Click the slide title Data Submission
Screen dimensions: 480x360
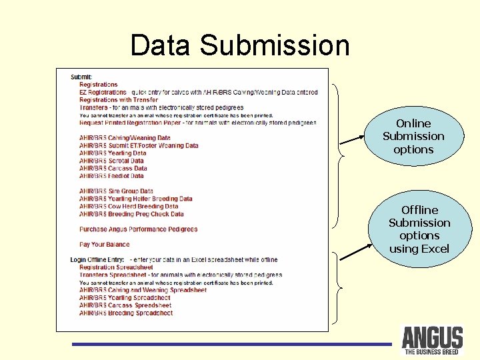[x=240, y=45]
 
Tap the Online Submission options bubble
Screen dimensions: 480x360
[x=413, y=137]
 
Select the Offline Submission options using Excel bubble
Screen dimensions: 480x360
[x=419, y=229]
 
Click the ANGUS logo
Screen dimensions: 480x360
[x=432, y=339]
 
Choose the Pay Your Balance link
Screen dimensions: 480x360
[x=104, y=245]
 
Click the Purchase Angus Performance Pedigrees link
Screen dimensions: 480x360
[x=138, y=229]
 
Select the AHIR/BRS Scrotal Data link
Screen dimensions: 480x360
[x=111, y=161]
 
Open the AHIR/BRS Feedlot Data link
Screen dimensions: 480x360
[x=111, y=176]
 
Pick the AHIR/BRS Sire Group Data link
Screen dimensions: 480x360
[x=116, y=191]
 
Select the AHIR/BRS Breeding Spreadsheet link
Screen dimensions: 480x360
[x=126, y=313]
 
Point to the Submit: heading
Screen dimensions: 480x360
[x=81, y=77]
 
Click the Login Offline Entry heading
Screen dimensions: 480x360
[x=99, y=259]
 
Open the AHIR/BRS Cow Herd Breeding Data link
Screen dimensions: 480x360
[x=129, y=207]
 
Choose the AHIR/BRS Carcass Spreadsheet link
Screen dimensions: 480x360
[x=125, y=305]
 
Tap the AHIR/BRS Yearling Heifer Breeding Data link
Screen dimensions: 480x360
[x=135, y=199]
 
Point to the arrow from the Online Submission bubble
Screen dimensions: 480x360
[x=353, y=139]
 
